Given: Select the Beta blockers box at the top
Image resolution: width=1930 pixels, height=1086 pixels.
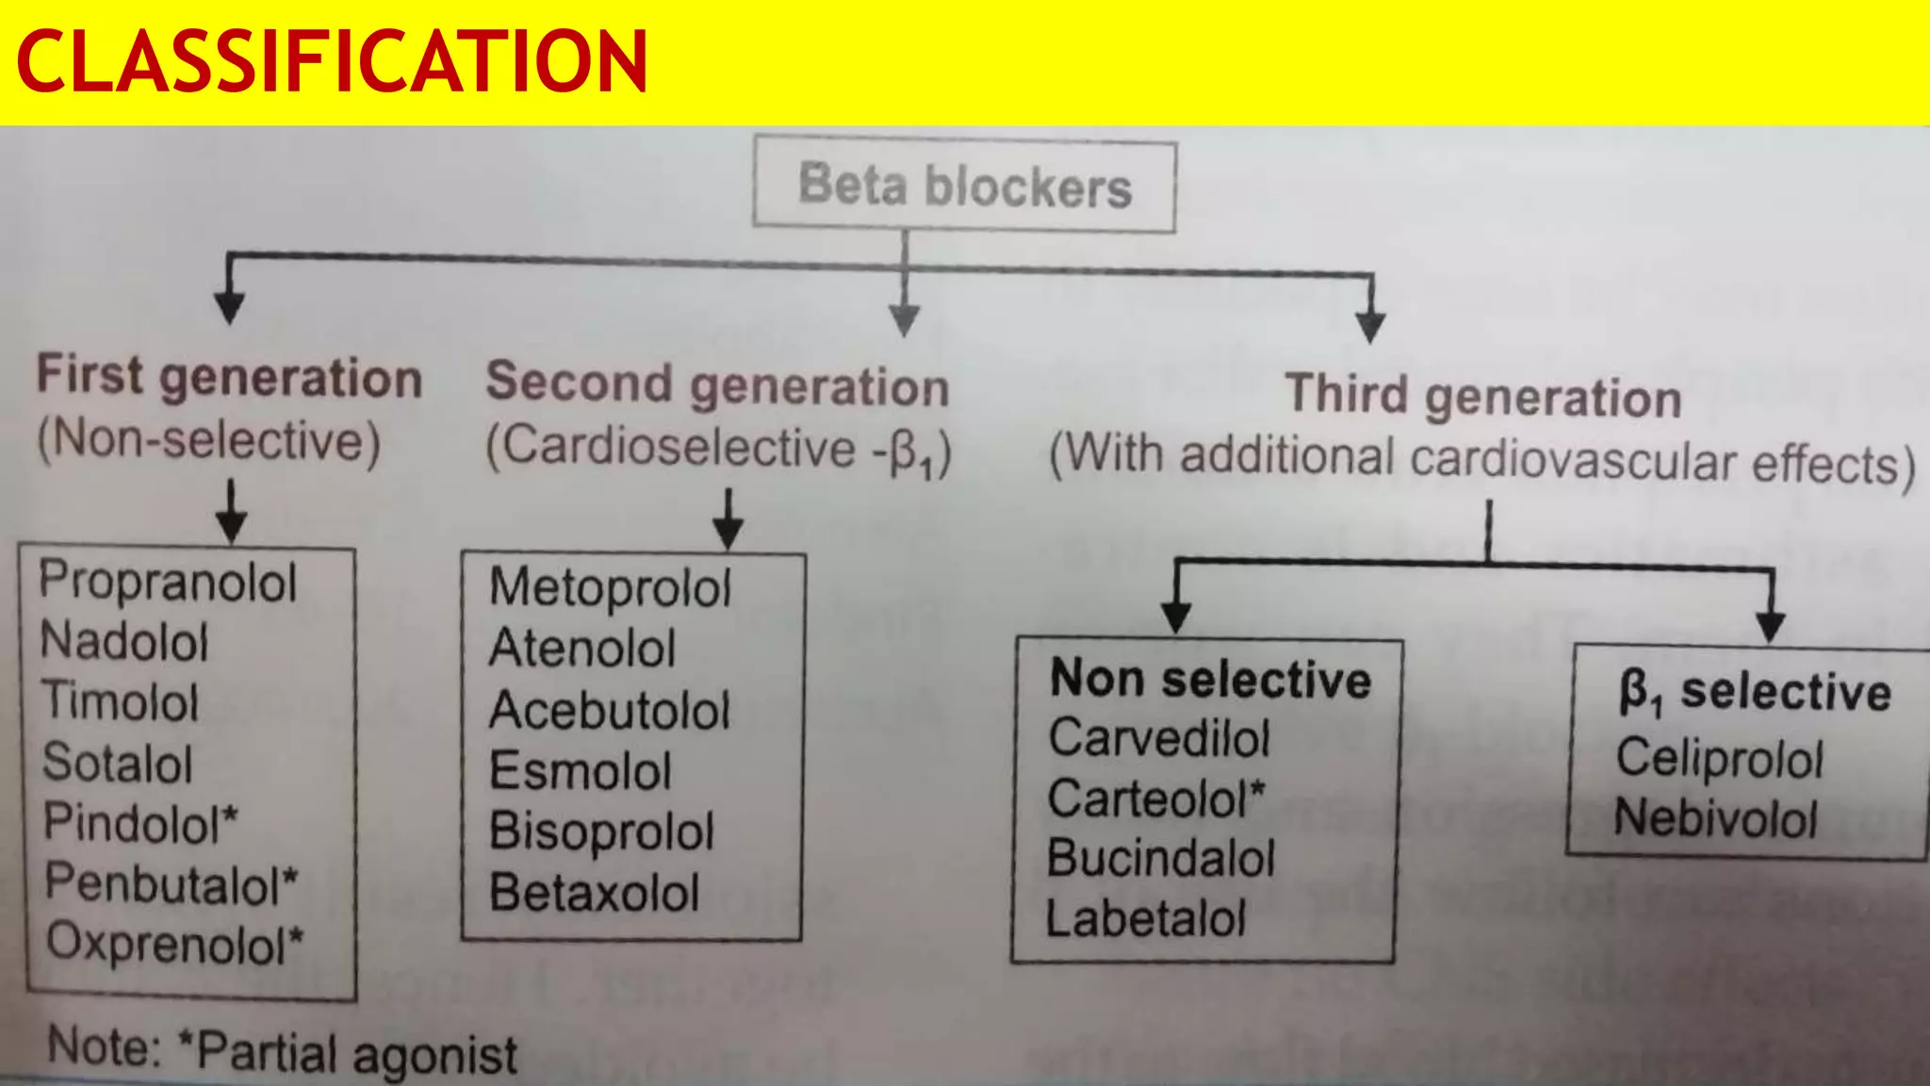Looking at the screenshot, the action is coord(964,186).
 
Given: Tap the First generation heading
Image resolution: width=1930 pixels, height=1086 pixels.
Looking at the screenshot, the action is coord(229,378).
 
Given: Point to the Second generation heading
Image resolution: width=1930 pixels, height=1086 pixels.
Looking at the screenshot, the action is coord(717,385).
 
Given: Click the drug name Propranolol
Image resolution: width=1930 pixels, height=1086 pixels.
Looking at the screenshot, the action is coord(168,582).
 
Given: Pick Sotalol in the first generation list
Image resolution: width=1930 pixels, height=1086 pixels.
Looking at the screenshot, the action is coord(118,763).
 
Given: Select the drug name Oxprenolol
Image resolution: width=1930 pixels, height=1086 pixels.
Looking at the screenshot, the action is coord(174,943).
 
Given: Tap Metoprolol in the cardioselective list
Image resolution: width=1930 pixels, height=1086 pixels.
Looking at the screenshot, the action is coord(610,587).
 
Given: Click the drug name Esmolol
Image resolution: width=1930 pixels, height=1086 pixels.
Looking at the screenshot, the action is coord(581,771).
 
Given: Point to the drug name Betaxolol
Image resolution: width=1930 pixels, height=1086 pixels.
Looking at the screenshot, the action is coord(594,892).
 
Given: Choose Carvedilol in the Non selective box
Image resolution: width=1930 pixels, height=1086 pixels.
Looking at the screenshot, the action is coord(1159,738).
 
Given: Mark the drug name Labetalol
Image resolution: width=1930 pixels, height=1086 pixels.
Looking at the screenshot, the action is coord(1146,918).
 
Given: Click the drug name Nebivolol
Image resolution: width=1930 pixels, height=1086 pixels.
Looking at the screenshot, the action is coord(1715,817).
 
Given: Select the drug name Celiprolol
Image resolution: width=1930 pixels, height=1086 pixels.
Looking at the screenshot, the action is coord(1720,758).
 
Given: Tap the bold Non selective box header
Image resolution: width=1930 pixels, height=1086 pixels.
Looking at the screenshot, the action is coord(1211,680).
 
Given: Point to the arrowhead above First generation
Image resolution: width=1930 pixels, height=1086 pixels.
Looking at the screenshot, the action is coord(229,307).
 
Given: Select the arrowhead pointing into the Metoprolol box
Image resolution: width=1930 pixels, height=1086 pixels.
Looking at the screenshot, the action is coord(728,533).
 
